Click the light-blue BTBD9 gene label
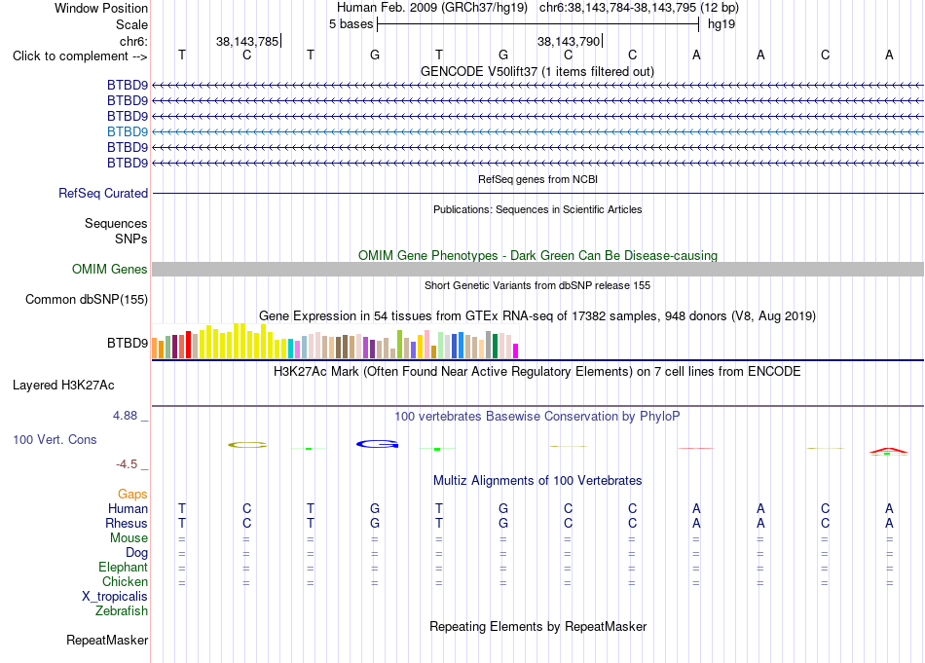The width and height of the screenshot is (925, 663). coord(128,131)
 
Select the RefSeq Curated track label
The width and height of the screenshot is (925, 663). coord(103,193)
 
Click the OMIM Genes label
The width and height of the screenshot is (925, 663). coord(110,269)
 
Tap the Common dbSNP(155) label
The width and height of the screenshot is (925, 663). coord(87,299)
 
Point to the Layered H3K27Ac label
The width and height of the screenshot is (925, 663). coord(63,386)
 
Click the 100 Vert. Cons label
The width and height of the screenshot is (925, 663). coord(55,439)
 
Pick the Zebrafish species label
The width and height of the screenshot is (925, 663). coord(122,611)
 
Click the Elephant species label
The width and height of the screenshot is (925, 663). coord(124,567)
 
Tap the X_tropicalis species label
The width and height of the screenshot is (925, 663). coord(115,597)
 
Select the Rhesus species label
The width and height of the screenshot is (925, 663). coord(127,523)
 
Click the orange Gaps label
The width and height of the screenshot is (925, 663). coord(132,494)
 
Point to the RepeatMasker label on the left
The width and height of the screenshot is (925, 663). coord(107,640)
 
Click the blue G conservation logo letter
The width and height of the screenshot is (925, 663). coord(377,444)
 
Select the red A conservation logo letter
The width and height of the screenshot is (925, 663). coord(888,451)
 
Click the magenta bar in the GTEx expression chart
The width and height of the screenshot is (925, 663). coord(516,350)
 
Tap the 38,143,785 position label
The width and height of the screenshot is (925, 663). coord(247,41)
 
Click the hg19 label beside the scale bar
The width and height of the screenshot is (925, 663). coord(721,24)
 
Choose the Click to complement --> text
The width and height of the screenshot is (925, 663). coord(80,56)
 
